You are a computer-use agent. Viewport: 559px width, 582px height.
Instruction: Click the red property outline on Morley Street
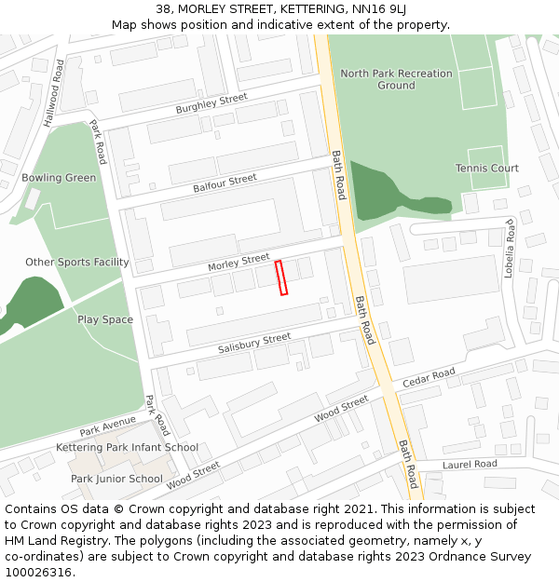281,277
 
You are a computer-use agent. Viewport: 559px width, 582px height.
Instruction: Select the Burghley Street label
211,103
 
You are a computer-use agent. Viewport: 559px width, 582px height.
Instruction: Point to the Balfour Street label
225,183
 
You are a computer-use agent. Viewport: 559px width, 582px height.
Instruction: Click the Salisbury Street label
254,343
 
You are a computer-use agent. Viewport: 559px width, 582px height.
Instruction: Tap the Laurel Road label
470,464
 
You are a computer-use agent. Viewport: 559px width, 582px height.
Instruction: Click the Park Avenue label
107,426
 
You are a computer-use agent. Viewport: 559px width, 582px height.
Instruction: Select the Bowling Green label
59,178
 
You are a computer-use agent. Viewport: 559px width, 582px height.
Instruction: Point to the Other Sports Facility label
77,262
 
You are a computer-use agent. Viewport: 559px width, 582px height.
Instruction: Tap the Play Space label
105,319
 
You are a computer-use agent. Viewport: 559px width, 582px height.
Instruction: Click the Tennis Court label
486,168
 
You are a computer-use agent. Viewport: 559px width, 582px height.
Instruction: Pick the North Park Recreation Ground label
396,79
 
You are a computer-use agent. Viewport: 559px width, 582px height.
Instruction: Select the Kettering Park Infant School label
127,447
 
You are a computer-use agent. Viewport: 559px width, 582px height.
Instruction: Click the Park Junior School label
116,479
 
